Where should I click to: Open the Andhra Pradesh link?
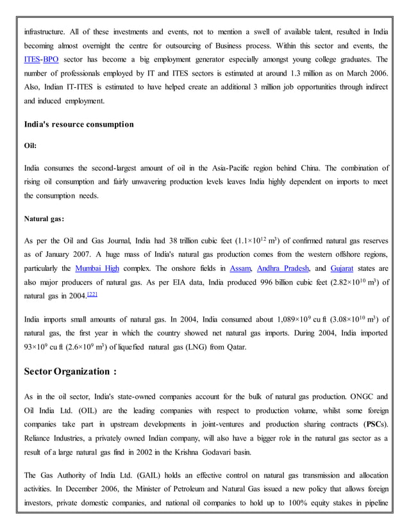click(x=285, y=267)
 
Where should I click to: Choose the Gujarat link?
click(x=346, y=267)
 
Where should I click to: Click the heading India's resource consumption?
click(x=79, y=124)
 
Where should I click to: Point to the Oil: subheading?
click(x=30, y=145)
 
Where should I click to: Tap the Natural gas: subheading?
click(x=44, y=218)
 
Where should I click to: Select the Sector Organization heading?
click(x=71, y=371)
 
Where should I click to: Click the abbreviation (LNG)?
click(x=203, y=348)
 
